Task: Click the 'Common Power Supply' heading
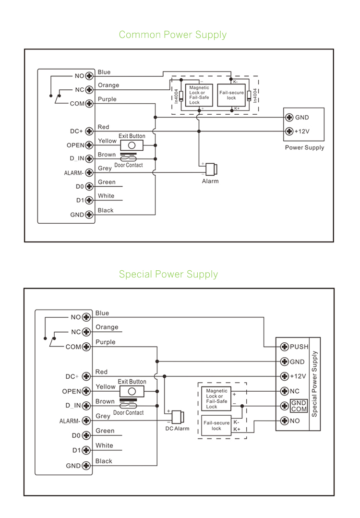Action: click(x=172, y=35)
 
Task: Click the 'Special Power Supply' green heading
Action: click(x=168, y=274)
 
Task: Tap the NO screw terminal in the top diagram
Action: click(x=88, y=76)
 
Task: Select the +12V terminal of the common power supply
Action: click(x=289, y=131)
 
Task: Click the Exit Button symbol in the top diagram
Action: click(x=132, y=145)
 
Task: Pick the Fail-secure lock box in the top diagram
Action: click(x=231, y=95)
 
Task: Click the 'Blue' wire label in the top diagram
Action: click(x=104, y=72)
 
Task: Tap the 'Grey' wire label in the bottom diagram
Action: click(x=103, y=416)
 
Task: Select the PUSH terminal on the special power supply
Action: click(x=284, y=347)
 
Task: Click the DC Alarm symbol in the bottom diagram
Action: click(x=178, y=417)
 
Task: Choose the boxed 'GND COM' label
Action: click(x=299, y=406)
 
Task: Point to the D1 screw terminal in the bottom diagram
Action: click(x=86, y=450)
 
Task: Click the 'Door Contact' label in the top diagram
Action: click(x=128, y=165)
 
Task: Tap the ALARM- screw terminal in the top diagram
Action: click(x=88, y=172)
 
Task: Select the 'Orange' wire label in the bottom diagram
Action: click(x=107, y=327)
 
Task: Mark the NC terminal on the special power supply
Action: click(x=284, y=391)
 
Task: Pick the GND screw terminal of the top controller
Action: click(x=88, y=215)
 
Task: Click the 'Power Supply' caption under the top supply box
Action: click(x=304, y=148)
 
